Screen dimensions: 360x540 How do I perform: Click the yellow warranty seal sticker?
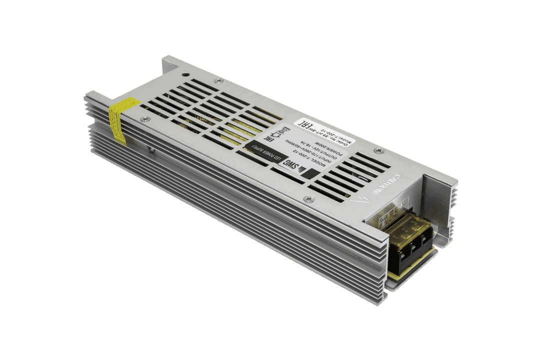click(119, 118)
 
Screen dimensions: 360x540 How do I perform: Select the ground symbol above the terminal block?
click(384, 219)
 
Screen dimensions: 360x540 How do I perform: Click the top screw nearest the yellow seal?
click(144, 118)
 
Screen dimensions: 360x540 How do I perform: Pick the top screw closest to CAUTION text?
click(378, 149)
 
